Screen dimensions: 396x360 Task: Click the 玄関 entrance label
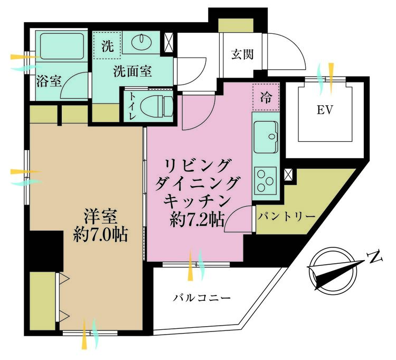(242, 54)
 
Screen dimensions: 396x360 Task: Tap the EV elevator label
(325, 110)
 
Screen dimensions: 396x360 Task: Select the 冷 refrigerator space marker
(266, 97)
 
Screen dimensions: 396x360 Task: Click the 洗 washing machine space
(108, 47)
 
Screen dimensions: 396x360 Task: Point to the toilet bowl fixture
(157, 106)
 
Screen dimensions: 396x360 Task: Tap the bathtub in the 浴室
(62, 47)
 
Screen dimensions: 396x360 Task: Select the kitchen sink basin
(266, 137)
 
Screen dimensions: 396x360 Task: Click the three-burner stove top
(266, 181)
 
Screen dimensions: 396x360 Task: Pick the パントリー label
(287, 216)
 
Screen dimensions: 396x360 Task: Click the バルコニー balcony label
(202, 298)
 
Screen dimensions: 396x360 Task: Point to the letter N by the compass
(375, 257)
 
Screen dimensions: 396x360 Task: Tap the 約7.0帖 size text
(100, 235)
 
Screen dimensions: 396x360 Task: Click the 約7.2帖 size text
(197, 219)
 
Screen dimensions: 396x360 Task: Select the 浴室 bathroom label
(49, 81)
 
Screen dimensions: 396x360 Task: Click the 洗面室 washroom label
(133, 71)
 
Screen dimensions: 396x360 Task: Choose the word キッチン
(197, 201)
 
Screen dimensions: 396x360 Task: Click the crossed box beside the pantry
(288, 174)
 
